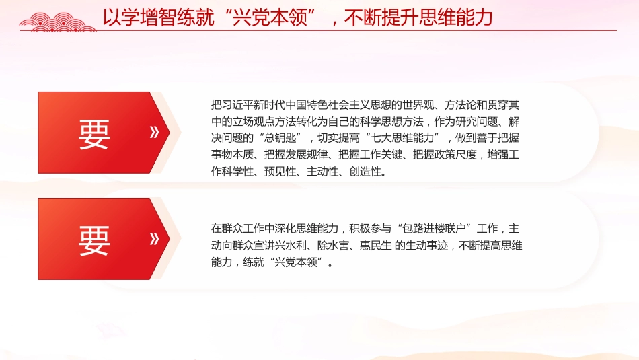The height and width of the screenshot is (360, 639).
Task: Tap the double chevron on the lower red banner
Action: point(154,238)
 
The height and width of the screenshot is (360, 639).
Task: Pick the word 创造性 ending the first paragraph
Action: point(367,172)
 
